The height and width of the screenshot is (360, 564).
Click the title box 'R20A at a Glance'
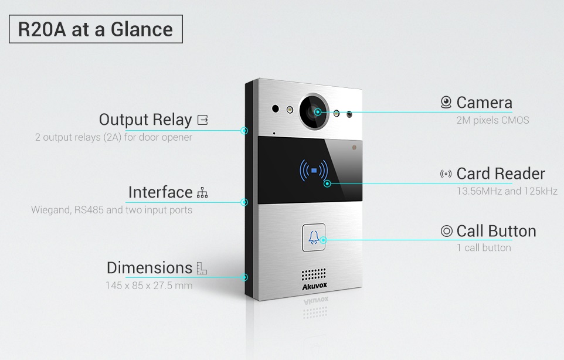96,29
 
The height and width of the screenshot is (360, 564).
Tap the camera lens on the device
314,111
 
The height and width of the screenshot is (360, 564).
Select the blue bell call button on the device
314,237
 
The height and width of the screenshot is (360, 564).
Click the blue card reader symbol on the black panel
314,171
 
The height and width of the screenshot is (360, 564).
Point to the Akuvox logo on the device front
314,286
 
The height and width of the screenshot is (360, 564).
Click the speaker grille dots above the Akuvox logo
314,274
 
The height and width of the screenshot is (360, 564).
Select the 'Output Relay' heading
145,120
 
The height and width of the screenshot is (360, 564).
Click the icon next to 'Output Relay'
203,120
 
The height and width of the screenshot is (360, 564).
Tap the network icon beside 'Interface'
202,193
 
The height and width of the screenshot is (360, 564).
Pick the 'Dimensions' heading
150,268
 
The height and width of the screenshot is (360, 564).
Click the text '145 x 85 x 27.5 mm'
149,286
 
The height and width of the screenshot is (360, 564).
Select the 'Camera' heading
484,103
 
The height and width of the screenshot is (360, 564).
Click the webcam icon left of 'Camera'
446,103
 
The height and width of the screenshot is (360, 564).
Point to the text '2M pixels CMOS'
493,120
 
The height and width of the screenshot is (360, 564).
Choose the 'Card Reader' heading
501,174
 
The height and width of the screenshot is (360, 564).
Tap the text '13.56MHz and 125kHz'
507,191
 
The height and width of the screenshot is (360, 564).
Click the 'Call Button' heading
497,231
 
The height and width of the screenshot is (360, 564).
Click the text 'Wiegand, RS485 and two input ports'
112,210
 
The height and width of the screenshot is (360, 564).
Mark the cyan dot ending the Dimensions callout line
244,277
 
